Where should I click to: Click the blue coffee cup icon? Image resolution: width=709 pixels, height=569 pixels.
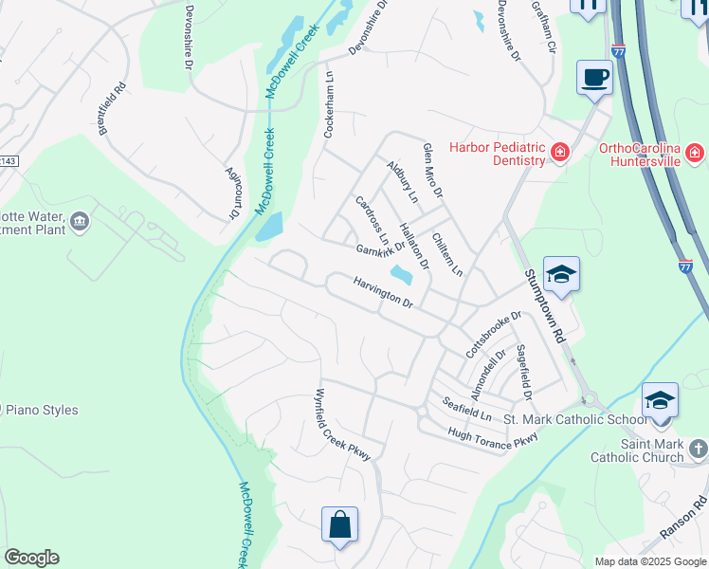click(x=594, y=77)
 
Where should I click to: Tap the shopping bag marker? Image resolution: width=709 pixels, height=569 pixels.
click(x=339, y=523)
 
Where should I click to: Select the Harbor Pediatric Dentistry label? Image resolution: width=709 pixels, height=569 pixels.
click(x=498, y=154)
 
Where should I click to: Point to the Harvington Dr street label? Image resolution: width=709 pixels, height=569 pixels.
click(x=384, y=292)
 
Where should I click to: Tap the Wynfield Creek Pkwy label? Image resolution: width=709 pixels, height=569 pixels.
click(x=341, y=425)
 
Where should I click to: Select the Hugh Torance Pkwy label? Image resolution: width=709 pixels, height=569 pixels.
click(x=493, y=436)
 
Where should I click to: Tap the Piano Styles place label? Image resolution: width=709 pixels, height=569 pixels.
click(x=44, y=411)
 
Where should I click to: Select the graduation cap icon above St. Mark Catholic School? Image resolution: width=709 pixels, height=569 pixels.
click(x=660, y=400)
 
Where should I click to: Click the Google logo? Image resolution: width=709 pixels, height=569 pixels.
click(x=31, y=558)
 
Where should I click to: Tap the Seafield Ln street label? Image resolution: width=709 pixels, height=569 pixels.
click(x=467, y=410)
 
